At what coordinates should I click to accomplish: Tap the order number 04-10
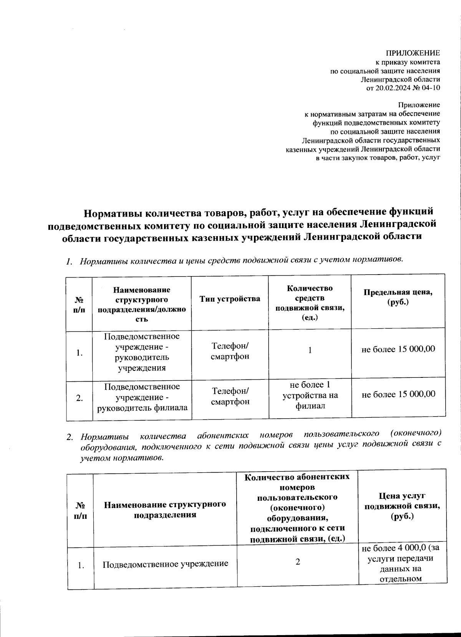click(430, 88)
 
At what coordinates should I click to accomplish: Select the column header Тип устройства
click(230, 299)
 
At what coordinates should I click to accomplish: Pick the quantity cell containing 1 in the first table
click(310, 350)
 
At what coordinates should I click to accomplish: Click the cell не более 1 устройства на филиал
click(310, 395)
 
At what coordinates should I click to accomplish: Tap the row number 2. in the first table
click(80, 398)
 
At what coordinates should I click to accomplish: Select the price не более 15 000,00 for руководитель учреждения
click(398, 349)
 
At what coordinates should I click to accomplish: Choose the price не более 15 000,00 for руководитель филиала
click(398, 394)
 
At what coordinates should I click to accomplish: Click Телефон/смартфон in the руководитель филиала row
click(230, 396)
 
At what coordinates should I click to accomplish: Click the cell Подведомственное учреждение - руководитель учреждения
click(142, 352)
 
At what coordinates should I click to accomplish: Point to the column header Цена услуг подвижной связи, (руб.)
click(402, 506)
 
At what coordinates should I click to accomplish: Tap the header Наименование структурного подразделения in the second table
click(165, 510)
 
